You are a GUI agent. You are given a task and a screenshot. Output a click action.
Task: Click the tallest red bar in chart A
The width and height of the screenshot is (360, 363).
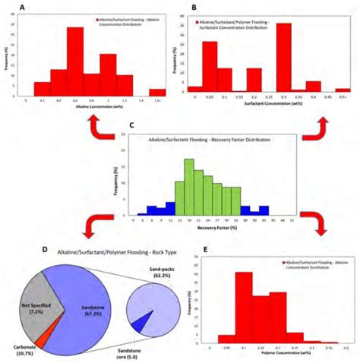pyautogui.click(x=75, y=60)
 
